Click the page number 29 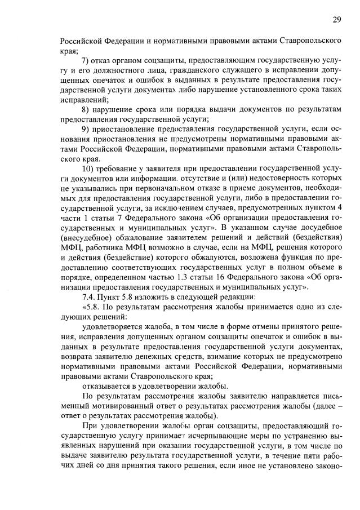click(x=336, y=20)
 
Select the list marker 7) click(x=87, y=60)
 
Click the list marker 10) click(x=90, y=168)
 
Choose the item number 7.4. click(x=90, y=296)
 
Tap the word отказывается click(x=108, y=385)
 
